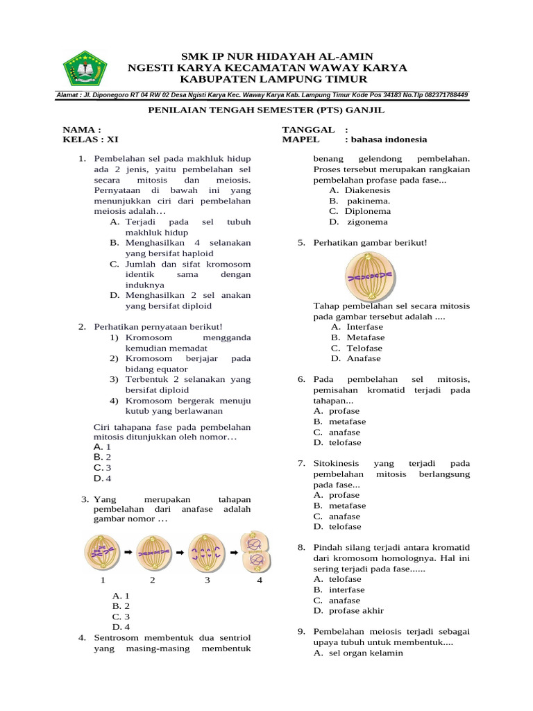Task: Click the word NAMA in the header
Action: pos(78,129)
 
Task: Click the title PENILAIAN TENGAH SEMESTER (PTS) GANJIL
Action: pos(266,110)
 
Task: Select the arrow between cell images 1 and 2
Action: pos(128,553)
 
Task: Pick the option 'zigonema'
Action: pos(367,222)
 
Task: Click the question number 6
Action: pos(301,380)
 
